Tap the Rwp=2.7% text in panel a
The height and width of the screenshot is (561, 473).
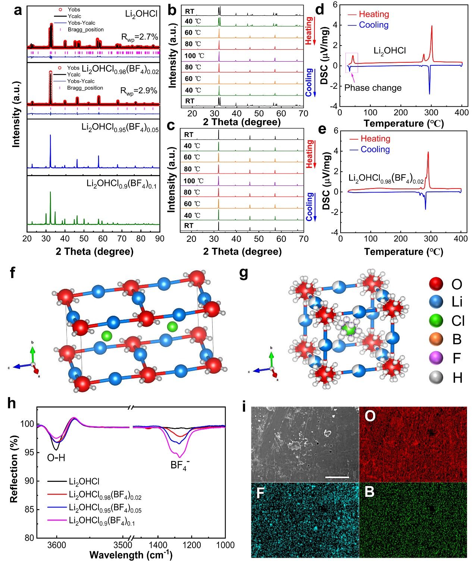[x=140, y=37]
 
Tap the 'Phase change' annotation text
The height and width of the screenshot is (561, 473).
[x=373, y=88]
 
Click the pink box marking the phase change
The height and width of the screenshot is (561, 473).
[x=352, y=63]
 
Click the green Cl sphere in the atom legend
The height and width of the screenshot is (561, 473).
[x=436, y=321]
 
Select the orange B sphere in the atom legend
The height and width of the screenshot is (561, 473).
[x=436, y=339]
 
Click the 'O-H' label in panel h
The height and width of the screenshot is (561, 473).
[x=56, y=457]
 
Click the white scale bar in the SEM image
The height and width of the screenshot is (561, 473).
[x=337, y=477]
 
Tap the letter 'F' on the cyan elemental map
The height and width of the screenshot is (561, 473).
[x=260, y=493]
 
